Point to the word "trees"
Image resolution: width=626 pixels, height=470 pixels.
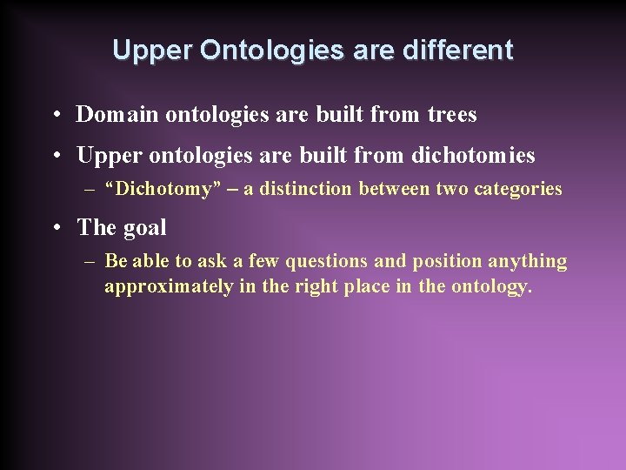(452, 114)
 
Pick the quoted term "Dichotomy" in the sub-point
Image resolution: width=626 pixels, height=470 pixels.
(160, 189)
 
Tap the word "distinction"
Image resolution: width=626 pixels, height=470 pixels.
(303, 189)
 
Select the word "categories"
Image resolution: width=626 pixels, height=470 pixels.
(517, 189)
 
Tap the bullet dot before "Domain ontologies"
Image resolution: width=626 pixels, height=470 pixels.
(56, 115)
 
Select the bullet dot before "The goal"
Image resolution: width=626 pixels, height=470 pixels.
(56, 228)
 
